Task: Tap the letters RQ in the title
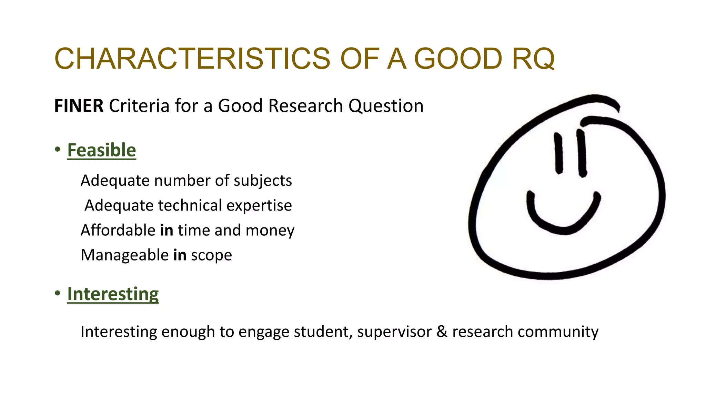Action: (533, 59)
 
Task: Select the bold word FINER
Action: (79, 106)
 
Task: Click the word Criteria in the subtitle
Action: (139, 106)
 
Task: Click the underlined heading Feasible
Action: (102, 150)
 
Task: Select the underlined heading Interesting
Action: (113, 294)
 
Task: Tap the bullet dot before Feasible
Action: (58, 150)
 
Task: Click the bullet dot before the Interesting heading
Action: (58, 293)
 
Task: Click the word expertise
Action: (259, 206)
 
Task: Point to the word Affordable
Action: (118, 230)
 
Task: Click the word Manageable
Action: (124, 255)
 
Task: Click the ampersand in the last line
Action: (442, 332)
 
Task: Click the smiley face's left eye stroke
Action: (558, 153)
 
